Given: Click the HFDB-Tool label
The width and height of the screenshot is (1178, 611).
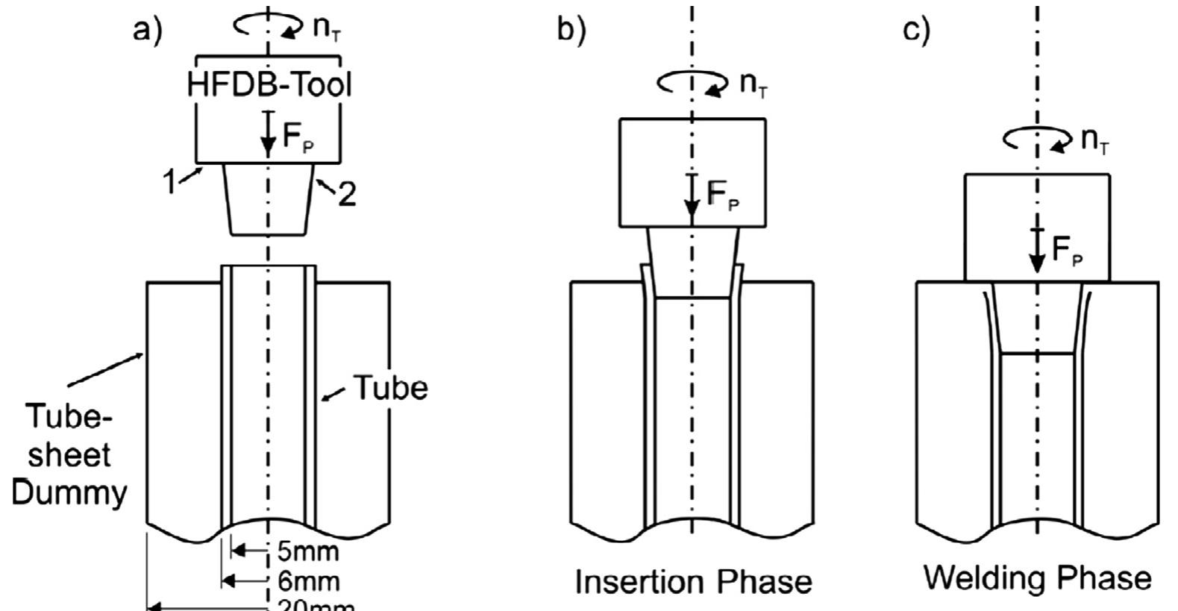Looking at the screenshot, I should [x=269, y=84].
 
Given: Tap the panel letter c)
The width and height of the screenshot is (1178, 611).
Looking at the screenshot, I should [x=916, y=30].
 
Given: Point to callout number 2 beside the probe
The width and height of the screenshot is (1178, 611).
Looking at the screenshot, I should [x=346, y=194].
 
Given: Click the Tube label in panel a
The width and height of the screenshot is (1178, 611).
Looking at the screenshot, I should [x=389, y=388].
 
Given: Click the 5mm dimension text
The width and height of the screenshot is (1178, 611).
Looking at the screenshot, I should [x=308, y=552].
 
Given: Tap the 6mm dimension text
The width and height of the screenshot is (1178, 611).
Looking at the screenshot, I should [x=308, y=581].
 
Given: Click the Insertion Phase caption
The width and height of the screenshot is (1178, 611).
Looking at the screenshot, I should [x=693, y=582].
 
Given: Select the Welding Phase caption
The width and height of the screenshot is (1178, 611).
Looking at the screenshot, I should [x=1038, y=578].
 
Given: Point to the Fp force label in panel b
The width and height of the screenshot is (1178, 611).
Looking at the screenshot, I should [x=723, y=195].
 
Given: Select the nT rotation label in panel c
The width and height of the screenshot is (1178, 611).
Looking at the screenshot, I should [x=1094, y=140].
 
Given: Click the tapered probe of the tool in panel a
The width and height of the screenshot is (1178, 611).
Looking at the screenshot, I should [x=268, y=199].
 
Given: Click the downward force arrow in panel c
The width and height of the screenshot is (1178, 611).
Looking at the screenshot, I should [x=1037, y=251].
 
